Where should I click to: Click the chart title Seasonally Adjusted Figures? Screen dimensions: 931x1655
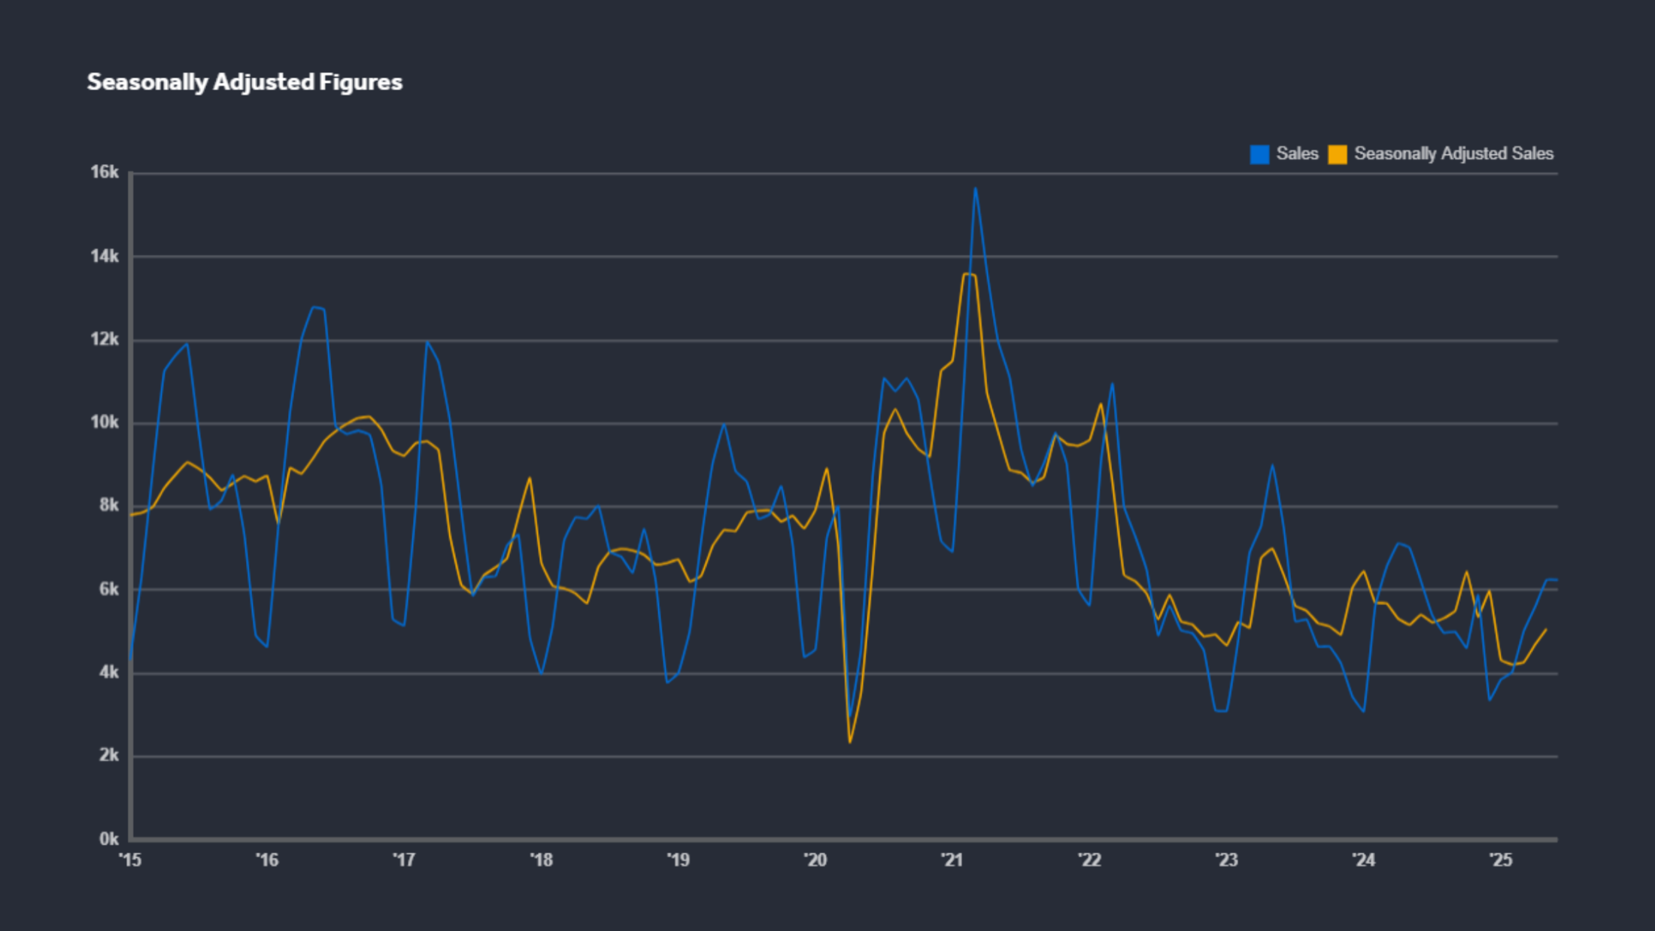(x=244, y=82)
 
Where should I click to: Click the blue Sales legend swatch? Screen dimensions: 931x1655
(x=1259, y=154)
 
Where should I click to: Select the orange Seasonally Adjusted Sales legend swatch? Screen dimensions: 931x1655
(x=1338, y=154)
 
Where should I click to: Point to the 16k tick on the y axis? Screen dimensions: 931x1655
(x=105, y=172)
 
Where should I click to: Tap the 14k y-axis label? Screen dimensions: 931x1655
(x=105, y=257)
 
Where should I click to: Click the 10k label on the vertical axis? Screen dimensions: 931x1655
(x=105, y=423)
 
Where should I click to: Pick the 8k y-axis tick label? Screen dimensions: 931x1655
(x=108, y=506)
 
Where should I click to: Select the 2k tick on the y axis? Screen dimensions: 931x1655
(x=108, y=755)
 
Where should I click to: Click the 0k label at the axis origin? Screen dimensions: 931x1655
(x=108, y=838)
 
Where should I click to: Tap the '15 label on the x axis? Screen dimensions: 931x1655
(x=130, y=860)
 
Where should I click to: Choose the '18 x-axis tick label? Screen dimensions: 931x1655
(x=542, y=860)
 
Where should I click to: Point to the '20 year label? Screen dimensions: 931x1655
(x=815, y=860)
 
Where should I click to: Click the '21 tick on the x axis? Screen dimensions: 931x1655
(x=952, y=860)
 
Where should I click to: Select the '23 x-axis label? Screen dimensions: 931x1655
(x=1227, y=860)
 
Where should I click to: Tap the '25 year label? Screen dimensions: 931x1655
(x=1501, y=860)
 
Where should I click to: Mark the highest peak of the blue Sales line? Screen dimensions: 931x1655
(x=975, y=188)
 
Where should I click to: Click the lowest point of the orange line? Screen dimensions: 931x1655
(x=850, y=742)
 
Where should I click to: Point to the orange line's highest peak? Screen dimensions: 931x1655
(x=967, y=274)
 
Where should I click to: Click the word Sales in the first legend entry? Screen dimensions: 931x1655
(x=1297, y=154)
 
